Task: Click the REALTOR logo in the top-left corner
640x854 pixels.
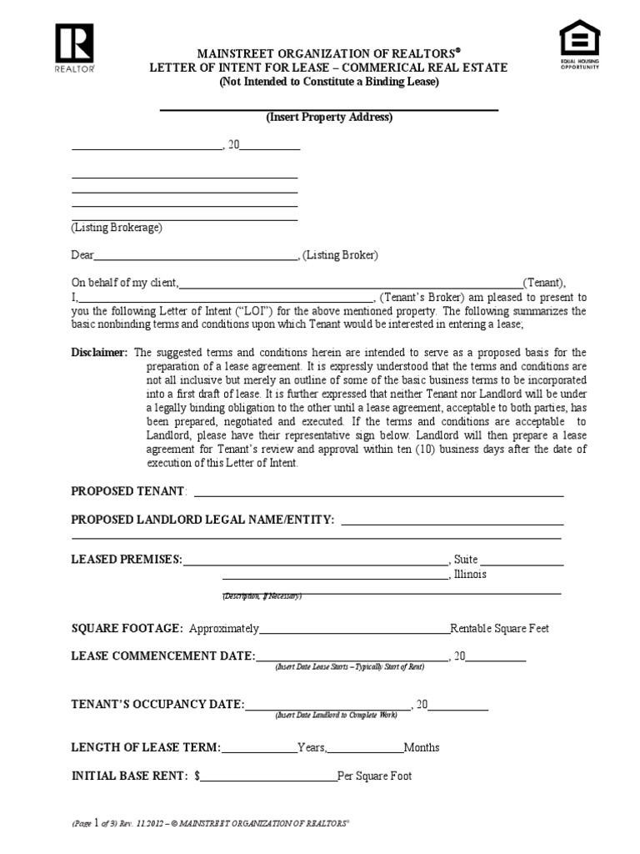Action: coord(74,48)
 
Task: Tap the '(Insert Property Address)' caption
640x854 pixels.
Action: coord(328,118)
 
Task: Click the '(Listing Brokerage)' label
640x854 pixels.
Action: coord(117,228)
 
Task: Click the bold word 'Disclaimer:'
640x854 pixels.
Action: coord(99,353)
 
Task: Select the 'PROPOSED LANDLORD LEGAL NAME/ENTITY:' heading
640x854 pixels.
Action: coord(202,520)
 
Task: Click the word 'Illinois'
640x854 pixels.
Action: coord(471,575)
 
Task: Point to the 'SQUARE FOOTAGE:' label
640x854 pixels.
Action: coord(127,628)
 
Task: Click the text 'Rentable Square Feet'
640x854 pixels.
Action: coord(499,628)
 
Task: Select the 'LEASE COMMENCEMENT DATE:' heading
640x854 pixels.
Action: coord(163,656)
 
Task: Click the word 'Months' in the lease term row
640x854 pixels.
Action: coord(422,747)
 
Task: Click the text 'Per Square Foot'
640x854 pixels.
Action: coord(374,776)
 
